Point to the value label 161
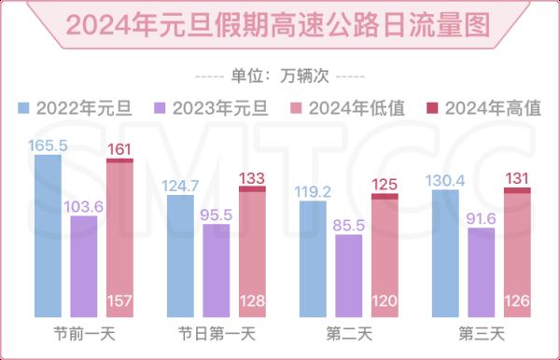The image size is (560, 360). point(119,148)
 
